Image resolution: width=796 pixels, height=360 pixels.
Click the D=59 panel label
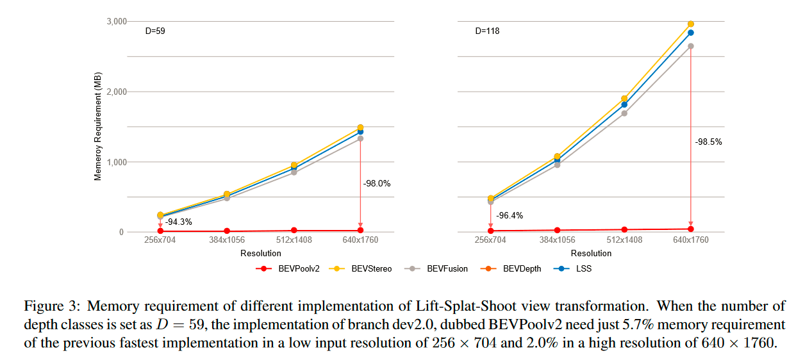(157, 30)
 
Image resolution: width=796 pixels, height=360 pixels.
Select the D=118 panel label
(487, 30)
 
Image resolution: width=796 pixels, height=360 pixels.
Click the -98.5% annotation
(708, 142)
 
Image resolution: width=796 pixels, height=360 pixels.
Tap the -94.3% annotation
(178, 222)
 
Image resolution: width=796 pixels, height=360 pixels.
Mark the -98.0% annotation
(377, 183)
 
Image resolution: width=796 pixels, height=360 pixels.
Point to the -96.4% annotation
(509, 215)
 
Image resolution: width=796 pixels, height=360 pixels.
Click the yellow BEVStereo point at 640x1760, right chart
(690, 24)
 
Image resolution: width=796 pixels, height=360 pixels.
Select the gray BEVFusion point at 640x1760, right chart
(690, 46)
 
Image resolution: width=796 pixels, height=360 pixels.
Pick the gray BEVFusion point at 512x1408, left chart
(294, 172)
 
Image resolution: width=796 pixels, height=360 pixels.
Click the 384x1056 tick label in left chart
(227, 240)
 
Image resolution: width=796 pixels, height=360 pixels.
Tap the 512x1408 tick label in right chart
(624, 240)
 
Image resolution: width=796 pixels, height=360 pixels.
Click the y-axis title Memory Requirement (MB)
(98, 127)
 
